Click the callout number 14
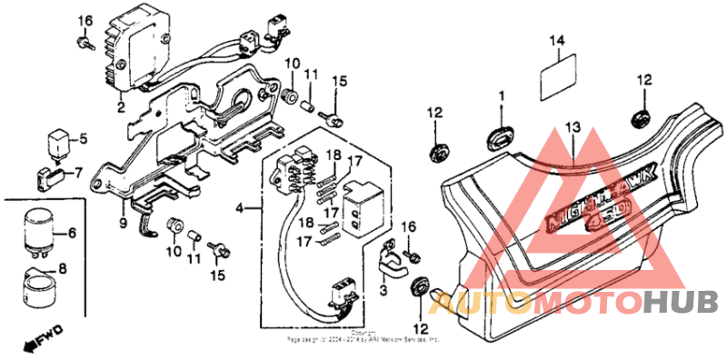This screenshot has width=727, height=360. point(558,40)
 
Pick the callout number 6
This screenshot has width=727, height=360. point(73,234)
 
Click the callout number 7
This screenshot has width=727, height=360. point(78,171)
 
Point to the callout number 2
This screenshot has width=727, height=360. point(119,107)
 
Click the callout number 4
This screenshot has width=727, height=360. point(239,208)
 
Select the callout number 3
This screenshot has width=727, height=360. point(383,290)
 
